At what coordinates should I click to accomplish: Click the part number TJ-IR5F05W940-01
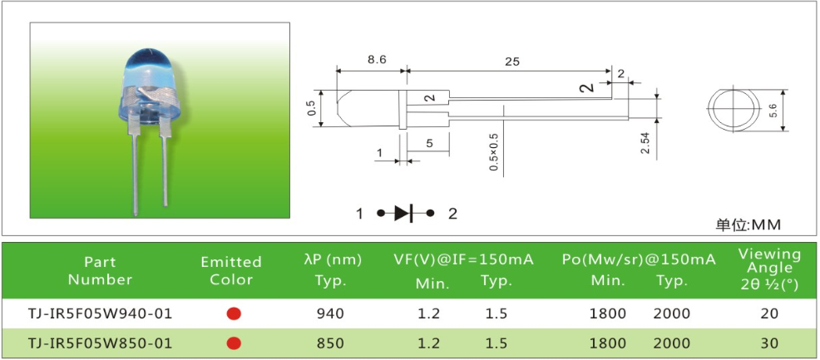(x=99, y=313)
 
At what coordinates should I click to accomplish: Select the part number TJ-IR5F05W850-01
(x=99, y=343)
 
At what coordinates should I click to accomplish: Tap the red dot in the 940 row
(x=234, y=313)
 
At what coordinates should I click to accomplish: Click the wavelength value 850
(x=330, y=343)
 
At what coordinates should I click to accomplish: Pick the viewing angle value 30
(x=770, y=343)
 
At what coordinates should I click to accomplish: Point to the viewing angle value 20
(x=770, y=313)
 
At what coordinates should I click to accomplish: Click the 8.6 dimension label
(x=377, y=60)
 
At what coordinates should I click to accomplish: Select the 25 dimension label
(x=512, y=62)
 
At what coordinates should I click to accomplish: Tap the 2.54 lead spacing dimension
(x=645, y=143)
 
